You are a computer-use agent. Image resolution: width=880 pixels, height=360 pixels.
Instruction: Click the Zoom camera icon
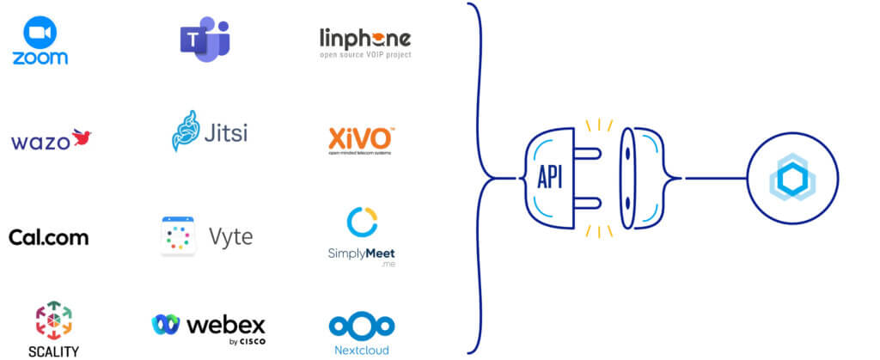[40, 35]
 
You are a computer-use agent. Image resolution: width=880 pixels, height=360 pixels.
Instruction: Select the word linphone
[364, 39]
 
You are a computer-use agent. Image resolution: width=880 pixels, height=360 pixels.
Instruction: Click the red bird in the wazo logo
[82, 137]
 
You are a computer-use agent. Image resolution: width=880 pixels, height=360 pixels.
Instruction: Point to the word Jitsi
[224, 134]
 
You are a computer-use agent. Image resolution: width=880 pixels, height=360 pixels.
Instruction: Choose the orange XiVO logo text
[361, 137]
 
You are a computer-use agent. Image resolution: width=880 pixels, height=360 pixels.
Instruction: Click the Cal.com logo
[48, 237]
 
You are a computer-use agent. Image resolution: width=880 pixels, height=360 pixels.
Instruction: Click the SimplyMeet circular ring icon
[362, 222]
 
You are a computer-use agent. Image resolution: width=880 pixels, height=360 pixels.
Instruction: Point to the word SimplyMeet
[361, 253]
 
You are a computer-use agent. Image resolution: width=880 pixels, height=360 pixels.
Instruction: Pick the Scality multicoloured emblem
[53, 320]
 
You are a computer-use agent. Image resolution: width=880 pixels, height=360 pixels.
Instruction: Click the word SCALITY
[53, 351]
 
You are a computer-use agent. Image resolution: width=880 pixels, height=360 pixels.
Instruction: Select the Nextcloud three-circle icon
[361, 326]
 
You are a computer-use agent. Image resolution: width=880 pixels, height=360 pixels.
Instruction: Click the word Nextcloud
[361, 350]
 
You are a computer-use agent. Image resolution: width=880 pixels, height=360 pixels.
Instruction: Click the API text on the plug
[550, 178]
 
